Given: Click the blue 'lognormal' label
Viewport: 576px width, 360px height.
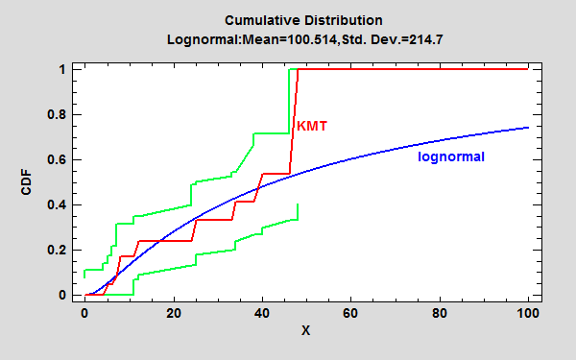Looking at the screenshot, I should point(451,156).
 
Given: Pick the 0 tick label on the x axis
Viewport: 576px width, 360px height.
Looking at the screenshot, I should point(85,313).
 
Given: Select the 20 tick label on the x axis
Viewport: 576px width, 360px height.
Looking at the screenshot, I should point(174,313).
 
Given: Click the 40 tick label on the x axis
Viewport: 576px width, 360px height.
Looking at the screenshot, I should point(262,313).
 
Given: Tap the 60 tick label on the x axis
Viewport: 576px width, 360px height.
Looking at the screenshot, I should point(351,313).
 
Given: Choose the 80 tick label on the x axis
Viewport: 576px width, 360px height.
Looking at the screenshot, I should point(440,313).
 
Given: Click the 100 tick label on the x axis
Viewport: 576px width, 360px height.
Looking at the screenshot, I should point(528,313).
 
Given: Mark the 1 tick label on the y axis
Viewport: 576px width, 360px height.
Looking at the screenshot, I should point(62,70).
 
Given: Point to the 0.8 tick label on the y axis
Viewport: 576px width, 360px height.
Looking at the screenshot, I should point(59,115).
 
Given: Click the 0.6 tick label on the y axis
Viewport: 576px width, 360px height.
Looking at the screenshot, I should point(59,160).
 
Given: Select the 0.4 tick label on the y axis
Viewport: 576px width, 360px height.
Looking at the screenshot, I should point(59,205).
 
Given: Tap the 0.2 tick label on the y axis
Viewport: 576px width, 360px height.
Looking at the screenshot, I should point(59,251).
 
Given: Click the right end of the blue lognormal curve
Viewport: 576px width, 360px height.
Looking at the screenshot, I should point(528,128).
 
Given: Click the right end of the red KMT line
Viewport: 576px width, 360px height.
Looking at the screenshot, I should point(528,69).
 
